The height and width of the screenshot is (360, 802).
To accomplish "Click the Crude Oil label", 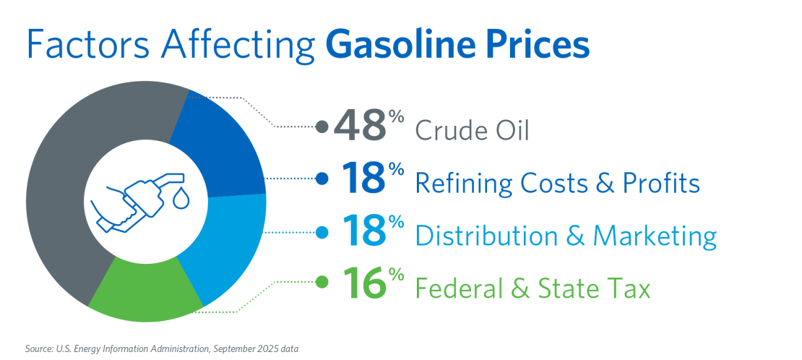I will (472, 131).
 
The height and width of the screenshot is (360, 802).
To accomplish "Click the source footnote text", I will (160, 348).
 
